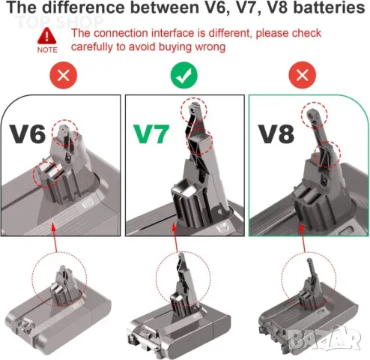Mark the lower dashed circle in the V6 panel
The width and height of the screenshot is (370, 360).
(47, 175)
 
